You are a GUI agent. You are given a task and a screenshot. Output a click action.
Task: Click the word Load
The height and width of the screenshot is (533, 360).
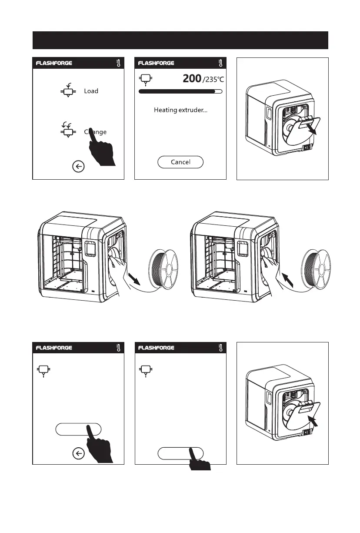coord(91,91)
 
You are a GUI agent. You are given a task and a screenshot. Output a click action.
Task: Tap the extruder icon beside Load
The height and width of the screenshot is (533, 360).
coord(67,91)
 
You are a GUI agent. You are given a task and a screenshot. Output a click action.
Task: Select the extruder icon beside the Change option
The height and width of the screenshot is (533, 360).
coord(67,130)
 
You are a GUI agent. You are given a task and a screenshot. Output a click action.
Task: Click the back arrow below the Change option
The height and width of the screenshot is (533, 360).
coord(78,167)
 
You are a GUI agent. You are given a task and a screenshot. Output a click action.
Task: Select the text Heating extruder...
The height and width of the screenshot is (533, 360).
coord(180,110)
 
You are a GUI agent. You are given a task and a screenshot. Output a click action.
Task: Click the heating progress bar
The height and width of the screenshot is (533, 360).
coord(180,92)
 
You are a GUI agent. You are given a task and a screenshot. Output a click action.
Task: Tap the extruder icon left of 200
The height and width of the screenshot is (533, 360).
coord(144,79)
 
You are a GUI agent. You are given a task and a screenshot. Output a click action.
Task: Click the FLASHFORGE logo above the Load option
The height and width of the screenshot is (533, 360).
coord(54,63)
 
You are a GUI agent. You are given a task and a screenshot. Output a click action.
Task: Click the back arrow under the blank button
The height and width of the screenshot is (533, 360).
coord(78,454)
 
